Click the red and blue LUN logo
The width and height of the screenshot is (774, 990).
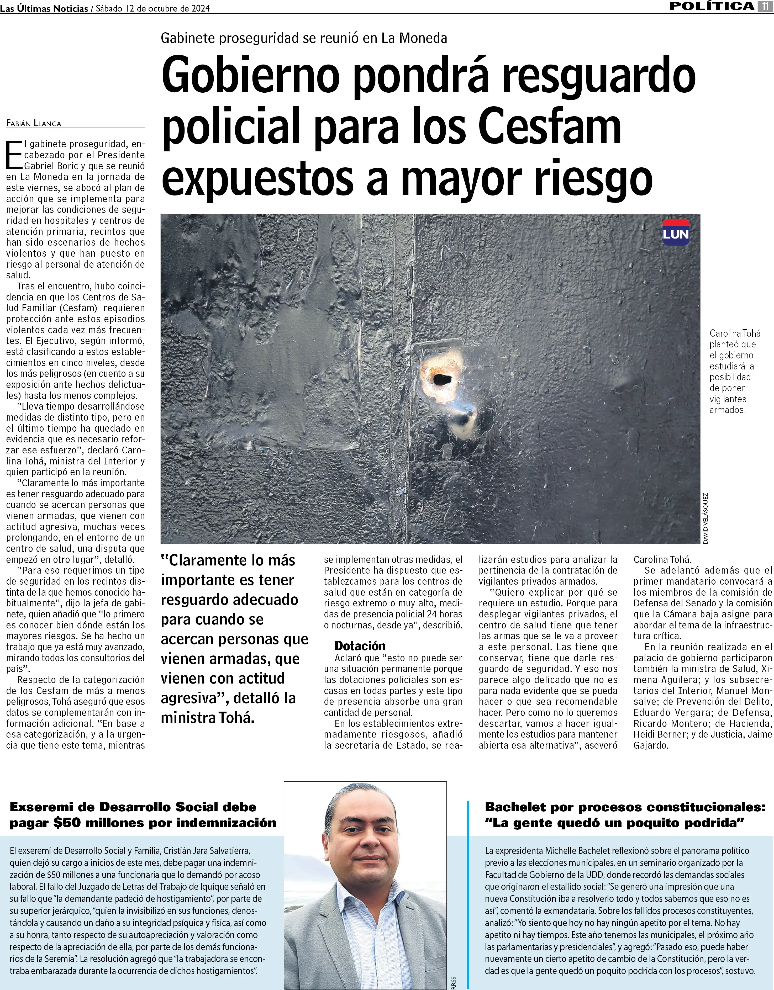676,232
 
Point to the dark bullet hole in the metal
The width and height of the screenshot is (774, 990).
440,379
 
